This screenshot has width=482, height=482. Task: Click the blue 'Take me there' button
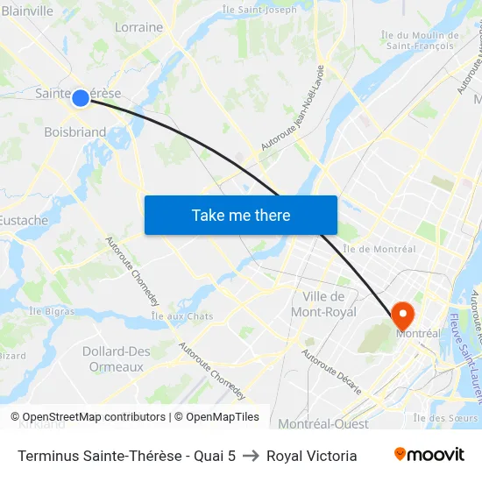(x=241, y=216)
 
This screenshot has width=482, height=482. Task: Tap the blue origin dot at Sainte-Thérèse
(x=80, y=97)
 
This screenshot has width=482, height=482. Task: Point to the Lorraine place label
(x=138, y=27)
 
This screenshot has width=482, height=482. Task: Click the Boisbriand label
(x=74, y=132)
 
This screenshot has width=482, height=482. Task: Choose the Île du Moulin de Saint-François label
(x=420, y=39)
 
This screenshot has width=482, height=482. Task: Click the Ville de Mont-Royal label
(x=323, y=304)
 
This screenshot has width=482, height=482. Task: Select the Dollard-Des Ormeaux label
(x=116, y=359)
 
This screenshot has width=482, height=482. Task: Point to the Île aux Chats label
(x=182, y=315)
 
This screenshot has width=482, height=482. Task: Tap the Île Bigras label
(x=50, y=310)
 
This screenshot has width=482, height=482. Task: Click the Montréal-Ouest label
(x=323, y=424)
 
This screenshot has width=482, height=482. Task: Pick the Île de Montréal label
(x=379, y=249)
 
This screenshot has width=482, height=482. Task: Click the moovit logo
(x=429, y=455)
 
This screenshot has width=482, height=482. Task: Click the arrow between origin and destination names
(x=251, y=456)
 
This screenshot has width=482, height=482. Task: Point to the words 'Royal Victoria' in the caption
(x=311, y=456)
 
